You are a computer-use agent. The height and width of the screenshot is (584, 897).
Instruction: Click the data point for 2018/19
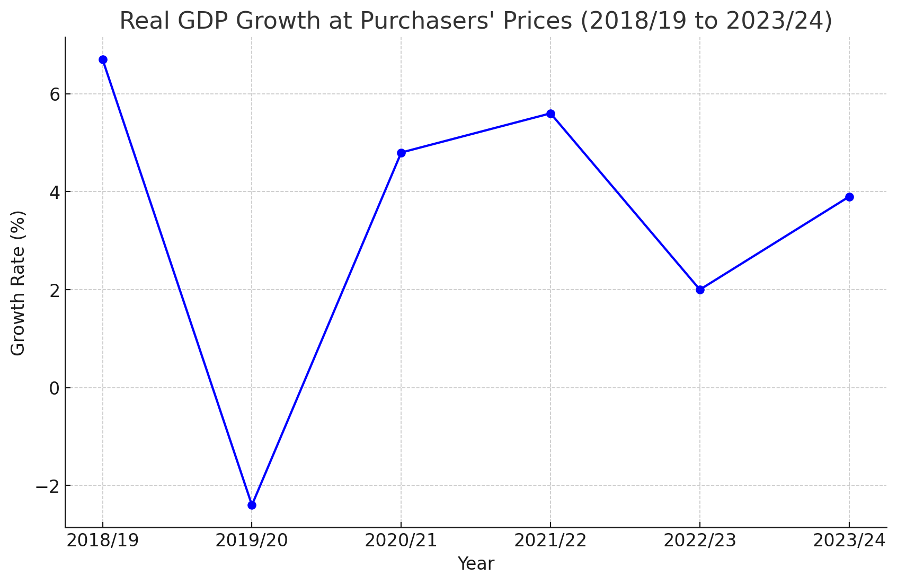click(103, 60)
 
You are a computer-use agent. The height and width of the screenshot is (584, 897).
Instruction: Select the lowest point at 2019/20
click(252, 505)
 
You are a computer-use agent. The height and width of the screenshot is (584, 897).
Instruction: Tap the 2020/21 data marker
click(401, 153)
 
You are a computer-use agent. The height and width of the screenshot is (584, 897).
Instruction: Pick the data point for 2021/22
click(550, 114)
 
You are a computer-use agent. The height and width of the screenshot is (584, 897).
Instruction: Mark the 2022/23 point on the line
click(700, 290)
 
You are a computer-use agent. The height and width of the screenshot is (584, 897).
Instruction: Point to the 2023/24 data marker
click(849, 197)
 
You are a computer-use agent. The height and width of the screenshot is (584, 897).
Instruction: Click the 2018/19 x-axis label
click(103, 541)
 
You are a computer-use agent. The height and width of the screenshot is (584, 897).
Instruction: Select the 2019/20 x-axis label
click(252, 541)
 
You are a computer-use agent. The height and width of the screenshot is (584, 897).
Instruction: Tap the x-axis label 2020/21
click(401, 541)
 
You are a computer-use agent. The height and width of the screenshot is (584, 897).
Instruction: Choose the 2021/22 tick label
click(550, 541)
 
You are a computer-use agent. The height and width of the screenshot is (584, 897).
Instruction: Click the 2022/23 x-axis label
click(700, 541)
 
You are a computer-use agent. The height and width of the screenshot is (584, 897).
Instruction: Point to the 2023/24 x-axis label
click(849, 541)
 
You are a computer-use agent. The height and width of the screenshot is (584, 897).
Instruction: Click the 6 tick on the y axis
click(54, 94)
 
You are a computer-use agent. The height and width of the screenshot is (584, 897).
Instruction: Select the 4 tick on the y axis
click(54, 192)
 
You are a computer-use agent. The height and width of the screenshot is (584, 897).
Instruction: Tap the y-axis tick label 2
click(54, 290)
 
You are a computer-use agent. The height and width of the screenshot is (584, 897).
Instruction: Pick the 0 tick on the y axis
click(54, 388)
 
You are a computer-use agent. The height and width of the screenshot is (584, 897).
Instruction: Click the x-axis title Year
click(476, 564)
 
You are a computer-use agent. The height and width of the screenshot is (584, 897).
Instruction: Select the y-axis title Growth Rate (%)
click(18, 283)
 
